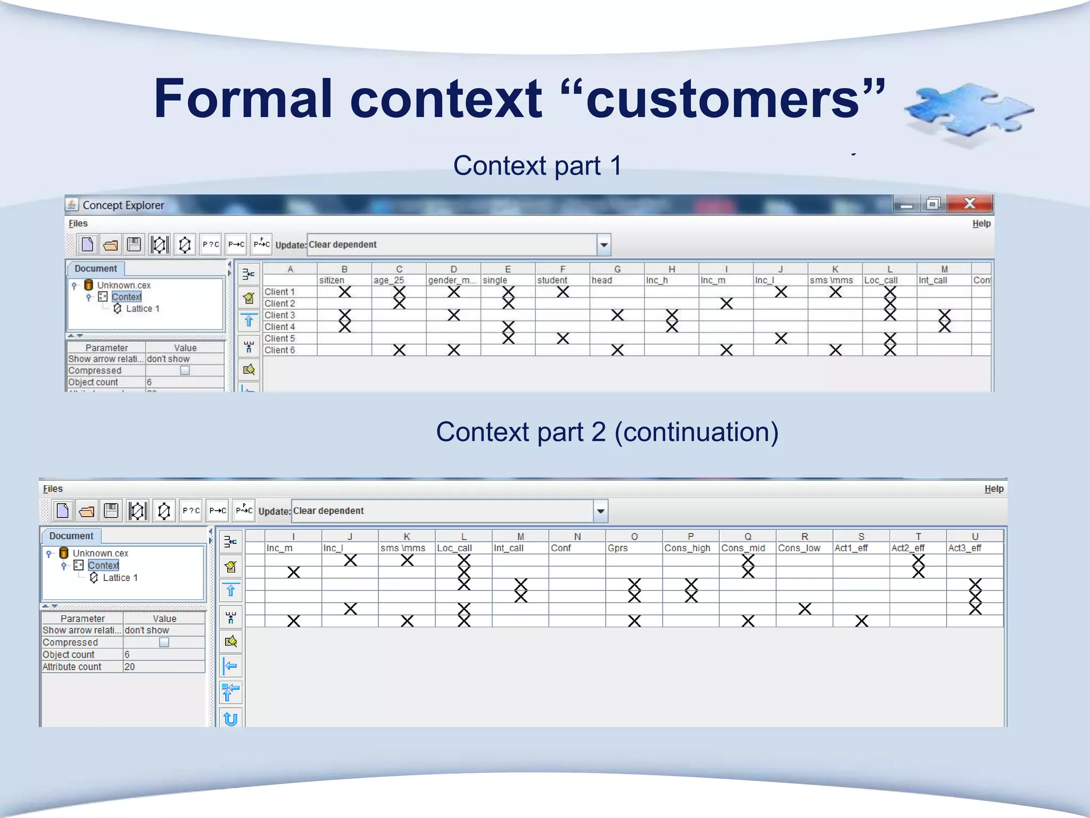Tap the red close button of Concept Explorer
(x=969, y=203)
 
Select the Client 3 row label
(x=280, y=315)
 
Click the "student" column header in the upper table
(x=552, y=280)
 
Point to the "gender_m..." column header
(x=452, y=280)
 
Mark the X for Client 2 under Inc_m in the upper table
(x=726, y=304)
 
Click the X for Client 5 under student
(x=563, y=338)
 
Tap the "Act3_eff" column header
(x=964, y=548)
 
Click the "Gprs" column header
(x=618, y=548)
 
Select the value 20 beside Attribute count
(x=130, y=667)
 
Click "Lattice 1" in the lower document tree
(x=120, y=578)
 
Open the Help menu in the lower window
(x=994, y=489)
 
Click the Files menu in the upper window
(x=78, y=224)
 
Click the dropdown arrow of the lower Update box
(x=600, y=511)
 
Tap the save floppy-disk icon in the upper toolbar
(x=134, y=244)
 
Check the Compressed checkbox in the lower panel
(x=164, y=643)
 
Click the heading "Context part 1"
(x=537, y=166)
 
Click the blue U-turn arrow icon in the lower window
(x=230, y=719)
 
